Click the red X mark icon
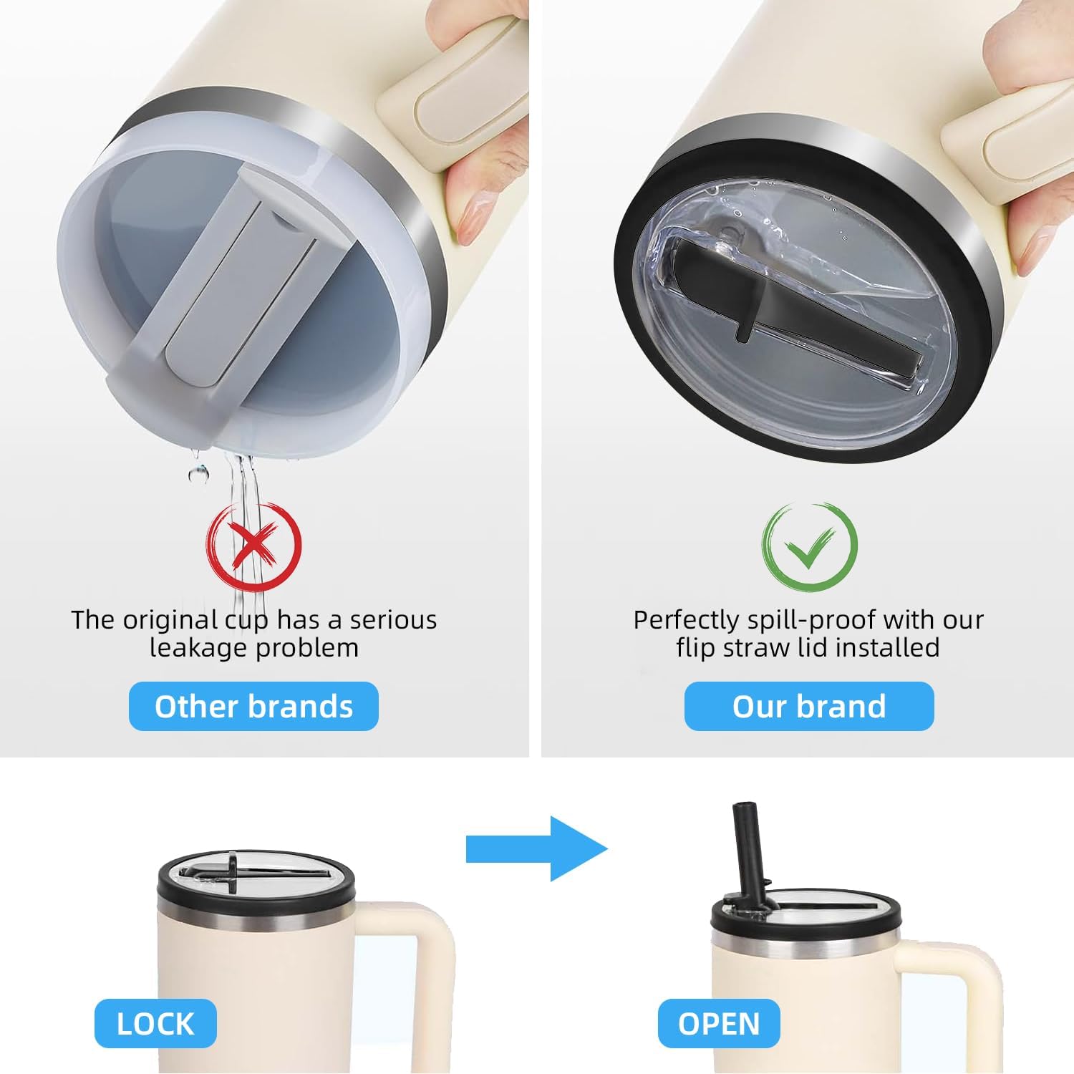coord(254,546)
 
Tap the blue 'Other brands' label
coord(253,706)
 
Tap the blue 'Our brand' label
coord(809,706)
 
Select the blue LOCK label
coord(155,1023)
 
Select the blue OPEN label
coord(719,1023)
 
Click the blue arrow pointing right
coord(536,849)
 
